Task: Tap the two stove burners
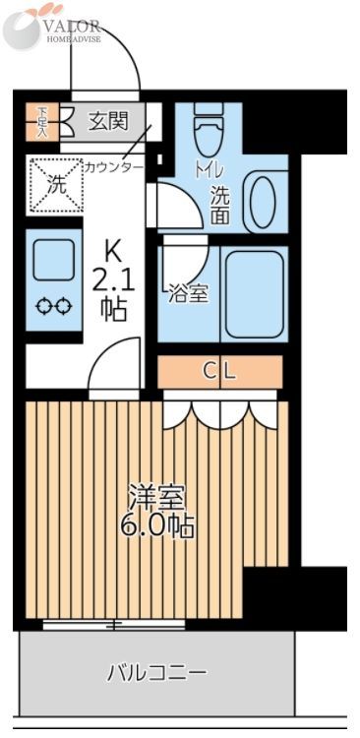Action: click(x=53, y=307)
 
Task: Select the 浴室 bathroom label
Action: click(x=188, y=292)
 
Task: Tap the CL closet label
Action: click(x=220, y=371)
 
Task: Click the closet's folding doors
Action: click(x=221, y=411)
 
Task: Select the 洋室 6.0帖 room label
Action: click(x=157, y=512)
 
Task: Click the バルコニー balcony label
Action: click(x=157, y=673)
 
